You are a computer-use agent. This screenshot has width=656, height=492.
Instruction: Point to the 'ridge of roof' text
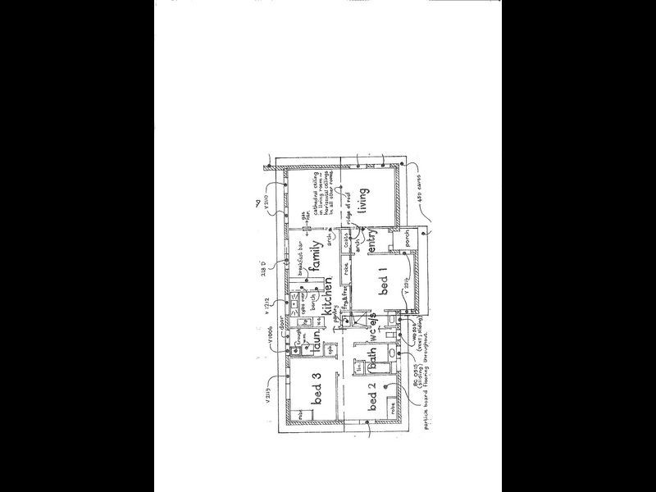pos(348,215)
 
